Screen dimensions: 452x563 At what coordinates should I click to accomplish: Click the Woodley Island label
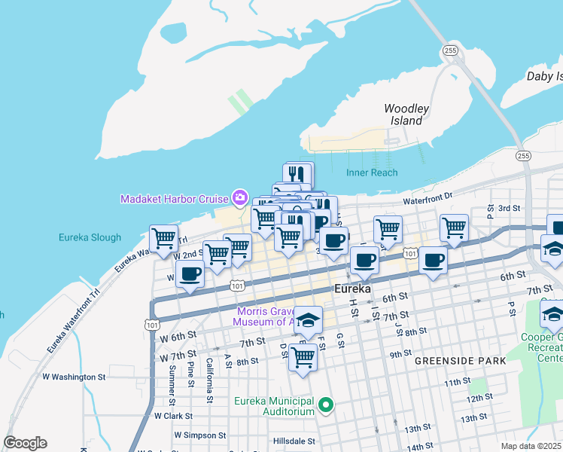click(406, 115)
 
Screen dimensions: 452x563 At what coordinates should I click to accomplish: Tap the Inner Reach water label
click(372, 173)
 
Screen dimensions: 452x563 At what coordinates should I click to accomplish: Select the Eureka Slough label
click(90, 237)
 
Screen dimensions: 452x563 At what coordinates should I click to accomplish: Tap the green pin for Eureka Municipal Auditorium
click(326, 406)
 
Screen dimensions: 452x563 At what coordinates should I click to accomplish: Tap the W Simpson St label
click(199, 435)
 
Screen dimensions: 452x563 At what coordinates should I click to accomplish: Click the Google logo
click(25, 443)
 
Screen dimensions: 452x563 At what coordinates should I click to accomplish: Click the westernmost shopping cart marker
click(164, 239)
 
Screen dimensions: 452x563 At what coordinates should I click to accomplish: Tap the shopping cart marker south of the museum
click(303, 357)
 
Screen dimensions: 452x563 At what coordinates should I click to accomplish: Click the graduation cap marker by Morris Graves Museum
click(308, 320)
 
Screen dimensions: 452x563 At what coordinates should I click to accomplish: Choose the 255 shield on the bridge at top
click(450, 50)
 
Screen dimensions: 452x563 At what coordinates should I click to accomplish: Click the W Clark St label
click(173, 415)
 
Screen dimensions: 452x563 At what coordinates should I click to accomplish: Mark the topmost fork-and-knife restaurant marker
click(299, 175)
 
